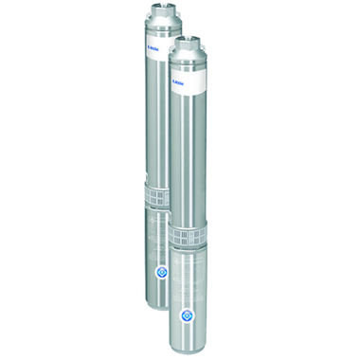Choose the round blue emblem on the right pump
189,312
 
